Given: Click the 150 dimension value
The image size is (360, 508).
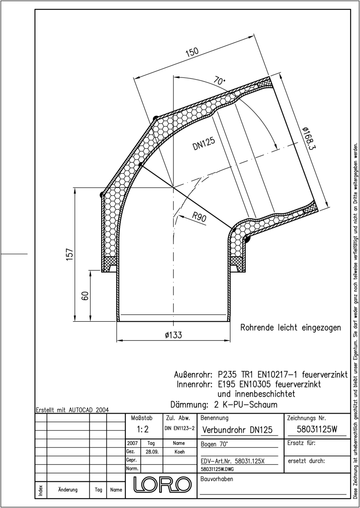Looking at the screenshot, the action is coord(192,52).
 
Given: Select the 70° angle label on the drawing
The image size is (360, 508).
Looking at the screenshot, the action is coord(219,80).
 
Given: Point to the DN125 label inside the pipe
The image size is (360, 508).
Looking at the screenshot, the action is coord(204,144).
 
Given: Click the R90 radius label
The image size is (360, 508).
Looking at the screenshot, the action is coord(199,217).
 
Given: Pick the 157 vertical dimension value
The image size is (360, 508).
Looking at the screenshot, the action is coord(69,254).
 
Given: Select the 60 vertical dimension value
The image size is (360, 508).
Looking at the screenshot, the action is coord(86,296).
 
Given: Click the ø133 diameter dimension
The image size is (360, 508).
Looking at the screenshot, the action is coord(174,335).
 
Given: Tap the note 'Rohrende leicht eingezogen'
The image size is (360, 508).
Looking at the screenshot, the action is coord(291,328).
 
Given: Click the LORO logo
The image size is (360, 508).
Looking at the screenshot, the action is coord(162,485).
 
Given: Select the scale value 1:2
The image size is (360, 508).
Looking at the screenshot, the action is coord(143,429).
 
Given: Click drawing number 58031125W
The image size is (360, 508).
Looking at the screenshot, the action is coord(317,429).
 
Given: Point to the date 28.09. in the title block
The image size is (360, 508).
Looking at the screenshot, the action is coord(152,452).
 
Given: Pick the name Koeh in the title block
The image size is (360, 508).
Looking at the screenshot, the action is coord(180,452).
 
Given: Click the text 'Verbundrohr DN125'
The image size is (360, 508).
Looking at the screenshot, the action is coord(237,430).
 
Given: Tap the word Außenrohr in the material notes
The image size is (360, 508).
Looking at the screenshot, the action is coord(193,375).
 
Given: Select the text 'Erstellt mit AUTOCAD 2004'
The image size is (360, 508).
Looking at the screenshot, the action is coord(72,410).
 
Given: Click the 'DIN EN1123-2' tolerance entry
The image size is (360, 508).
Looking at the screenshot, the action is coord(180,428).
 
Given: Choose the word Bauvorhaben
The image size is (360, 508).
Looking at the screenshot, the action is coord(217,479).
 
